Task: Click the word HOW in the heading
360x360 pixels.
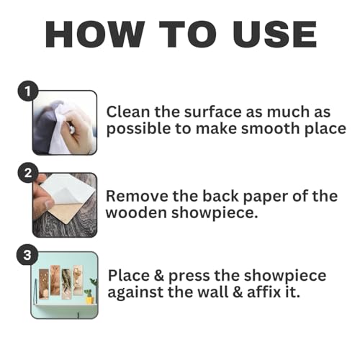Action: click(x=95, y=35)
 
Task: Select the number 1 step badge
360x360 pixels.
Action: click(x=28, y=91)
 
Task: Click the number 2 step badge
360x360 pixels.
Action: click(x=28, y=173)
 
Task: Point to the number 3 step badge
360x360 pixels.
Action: click(x=27, y=255)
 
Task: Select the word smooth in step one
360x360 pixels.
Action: click(x=271, y=129)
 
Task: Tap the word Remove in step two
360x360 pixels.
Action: click(x=137, y=196)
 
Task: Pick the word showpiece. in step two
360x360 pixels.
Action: click(x=215, y=213)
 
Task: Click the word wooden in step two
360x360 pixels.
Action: click(x=136, y=213)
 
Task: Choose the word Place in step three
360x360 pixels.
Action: click(x=129, y=275)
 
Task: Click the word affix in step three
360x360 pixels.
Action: click(x=264, y=292)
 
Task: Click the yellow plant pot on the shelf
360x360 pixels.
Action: click(x=89, y=300)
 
